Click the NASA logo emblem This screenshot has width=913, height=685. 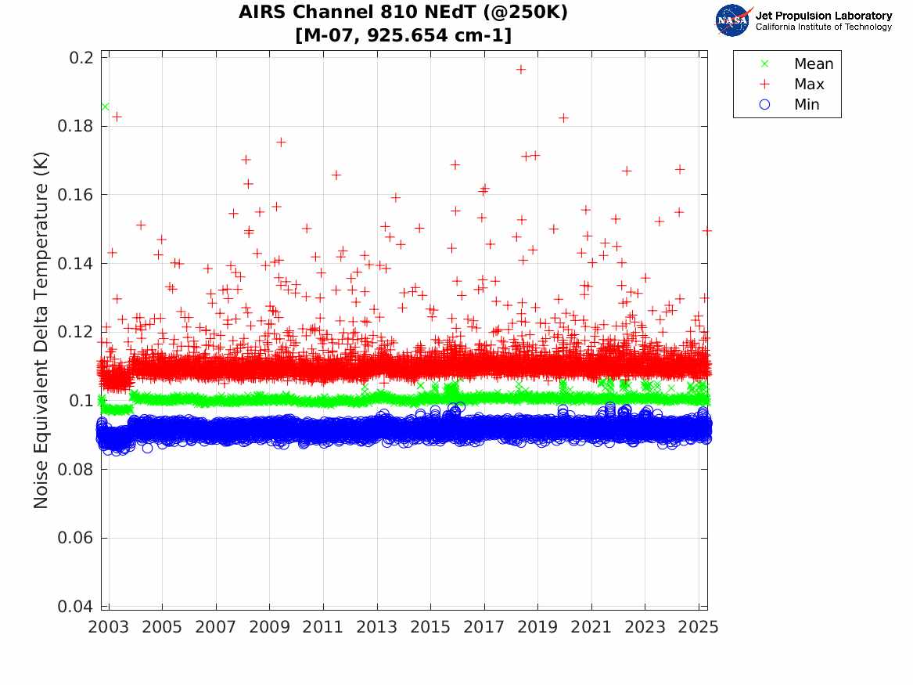pos(732,20)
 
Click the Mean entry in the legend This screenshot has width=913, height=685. pos(813,64)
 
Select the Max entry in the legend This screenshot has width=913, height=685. pos(808,85)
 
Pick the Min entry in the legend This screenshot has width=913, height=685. pos(807,105)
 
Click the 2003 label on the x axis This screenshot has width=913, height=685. pos(109,627)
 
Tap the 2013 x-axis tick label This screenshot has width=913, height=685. pos(377,627)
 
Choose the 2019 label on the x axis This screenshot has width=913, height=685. pos(538,627)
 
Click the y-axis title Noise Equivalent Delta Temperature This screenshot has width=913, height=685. pos(41,331)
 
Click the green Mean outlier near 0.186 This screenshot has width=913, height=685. pos(105,106)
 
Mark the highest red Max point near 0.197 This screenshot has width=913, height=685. pos(520,70)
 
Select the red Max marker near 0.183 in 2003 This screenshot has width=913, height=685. pos(117,117)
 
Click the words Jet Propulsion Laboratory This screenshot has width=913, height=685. pos(823,16)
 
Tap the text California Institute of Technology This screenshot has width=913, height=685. pos(823,27)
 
